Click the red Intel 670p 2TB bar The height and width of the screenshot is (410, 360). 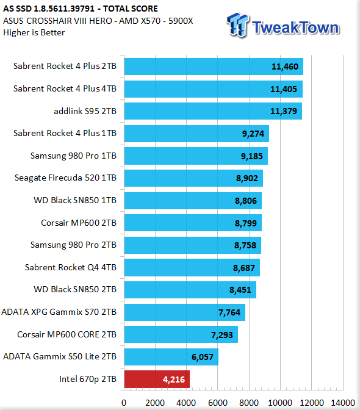tap(157, 379)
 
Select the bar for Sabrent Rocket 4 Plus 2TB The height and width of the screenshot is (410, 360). tap(214, 67)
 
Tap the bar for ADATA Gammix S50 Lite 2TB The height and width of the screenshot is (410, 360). tap(171, 357)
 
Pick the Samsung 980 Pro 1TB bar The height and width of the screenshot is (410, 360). tap(196, 156)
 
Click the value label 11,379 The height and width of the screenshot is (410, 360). tap(283, 112)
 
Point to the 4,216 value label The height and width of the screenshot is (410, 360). tap(174, 379)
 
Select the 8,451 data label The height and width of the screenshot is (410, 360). tap(240, 290)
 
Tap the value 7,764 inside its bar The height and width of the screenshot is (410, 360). tap(229, 312)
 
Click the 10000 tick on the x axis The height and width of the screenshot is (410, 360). tap(280, 403)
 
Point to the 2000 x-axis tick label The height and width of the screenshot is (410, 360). tap(155, 403)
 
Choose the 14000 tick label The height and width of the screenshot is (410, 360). tap(343, 403)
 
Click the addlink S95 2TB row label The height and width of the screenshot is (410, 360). tap(85, 111)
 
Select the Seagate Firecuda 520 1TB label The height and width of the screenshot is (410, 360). tap(65, 178)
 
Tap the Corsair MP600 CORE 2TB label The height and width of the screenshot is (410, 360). tap(67, 334)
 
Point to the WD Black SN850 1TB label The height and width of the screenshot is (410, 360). tap(75, 200)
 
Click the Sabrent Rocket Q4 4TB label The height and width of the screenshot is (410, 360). tap(71, 267)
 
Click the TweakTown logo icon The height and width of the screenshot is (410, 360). tap(237, 25)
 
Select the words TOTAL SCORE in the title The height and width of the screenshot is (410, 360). tap(131, 9)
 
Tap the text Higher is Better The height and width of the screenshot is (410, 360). tap(34, 33)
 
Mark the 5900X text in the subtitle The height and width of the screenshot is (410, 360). tap(181, 21)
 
